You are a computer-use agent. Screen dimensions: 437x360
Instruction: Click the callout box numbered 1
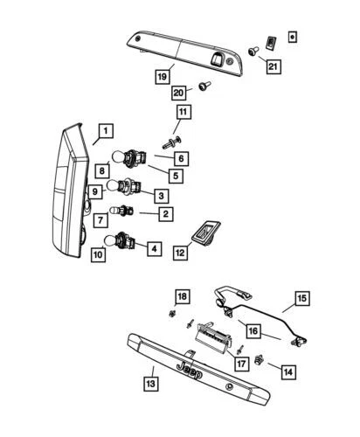point(104,132)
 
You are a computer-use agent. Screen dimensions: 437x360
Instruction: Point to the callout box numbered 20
point(180,92)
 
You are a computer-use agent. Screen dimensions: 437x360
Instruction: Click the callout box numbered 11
point(183,112)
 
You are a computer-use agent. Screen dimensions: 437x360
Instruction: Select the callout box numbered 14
point(287,371)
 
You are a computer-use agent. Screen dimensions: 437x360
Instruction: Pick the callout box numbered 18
point(182,295)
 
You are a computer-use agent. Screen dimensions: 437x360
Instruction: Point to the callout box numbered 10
point(98,254)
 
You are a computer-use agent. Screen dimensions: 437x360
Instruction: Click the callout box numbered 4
point(153,248)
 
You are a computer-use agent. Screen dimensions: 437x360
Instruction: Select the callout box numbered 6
point(180,159)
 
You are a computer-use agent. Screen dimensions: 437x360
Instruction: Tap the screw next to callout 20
point(204,87)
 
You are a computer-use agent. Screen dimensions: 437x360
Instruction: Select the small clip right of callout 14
point(262,358)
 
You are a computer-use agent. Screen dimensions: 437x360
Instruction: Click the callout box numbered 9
point(96,191)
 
